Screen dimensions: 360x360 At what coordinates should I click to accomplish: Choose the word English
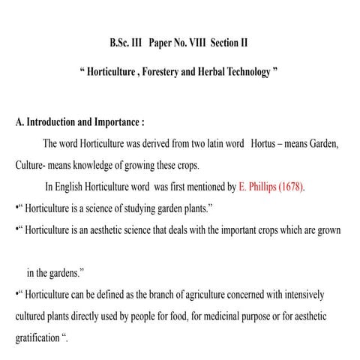tap(74, 187)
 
